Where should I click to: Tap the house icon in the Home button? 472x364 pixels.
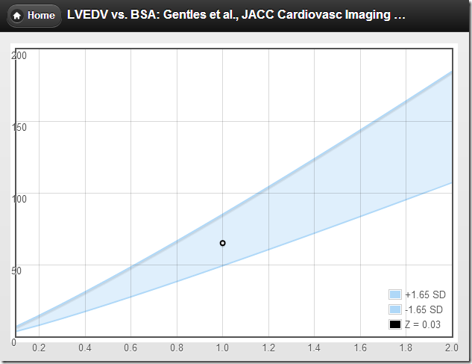(16, 15)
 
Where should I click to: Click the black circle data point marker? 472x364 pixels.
(222, 243)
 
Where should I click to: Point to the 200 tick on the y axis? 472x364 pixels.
(19, 55)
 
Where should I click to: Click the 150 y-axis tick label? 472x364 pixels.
(19, 127)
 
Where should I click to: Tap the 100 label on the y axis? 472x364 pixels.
(19, 199)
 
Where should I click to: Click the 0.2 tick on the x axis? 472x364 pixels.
(39, 348)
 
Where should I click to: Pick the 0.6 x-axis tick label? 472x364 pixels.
(130, 348)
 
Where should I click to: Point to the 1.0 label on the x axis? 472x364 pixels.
(222, 348)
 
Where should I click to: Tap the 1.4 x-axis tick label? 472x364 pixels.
(314, 348)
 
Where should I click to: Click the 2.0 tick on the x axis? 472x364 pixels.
(450, 348)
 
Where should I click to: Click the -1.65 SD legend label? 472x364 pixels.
(424, 309)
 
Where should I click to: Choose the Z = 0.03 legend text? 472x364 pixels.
(422, 324)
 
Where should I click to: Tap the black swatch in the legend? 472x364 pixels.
(395, 324)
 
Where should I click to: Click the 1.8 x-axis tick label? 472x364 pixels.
(406, 348)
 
